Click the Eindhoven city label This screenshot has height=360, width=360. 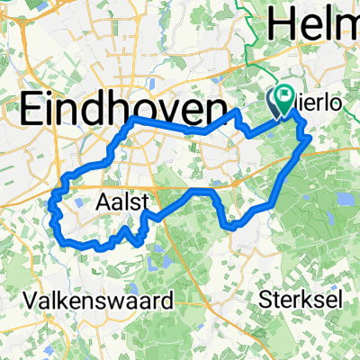121,110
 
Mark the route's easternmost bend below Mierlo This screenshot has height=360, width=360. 310,139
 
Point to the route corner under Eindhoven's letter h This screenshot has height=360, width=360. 135,119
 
